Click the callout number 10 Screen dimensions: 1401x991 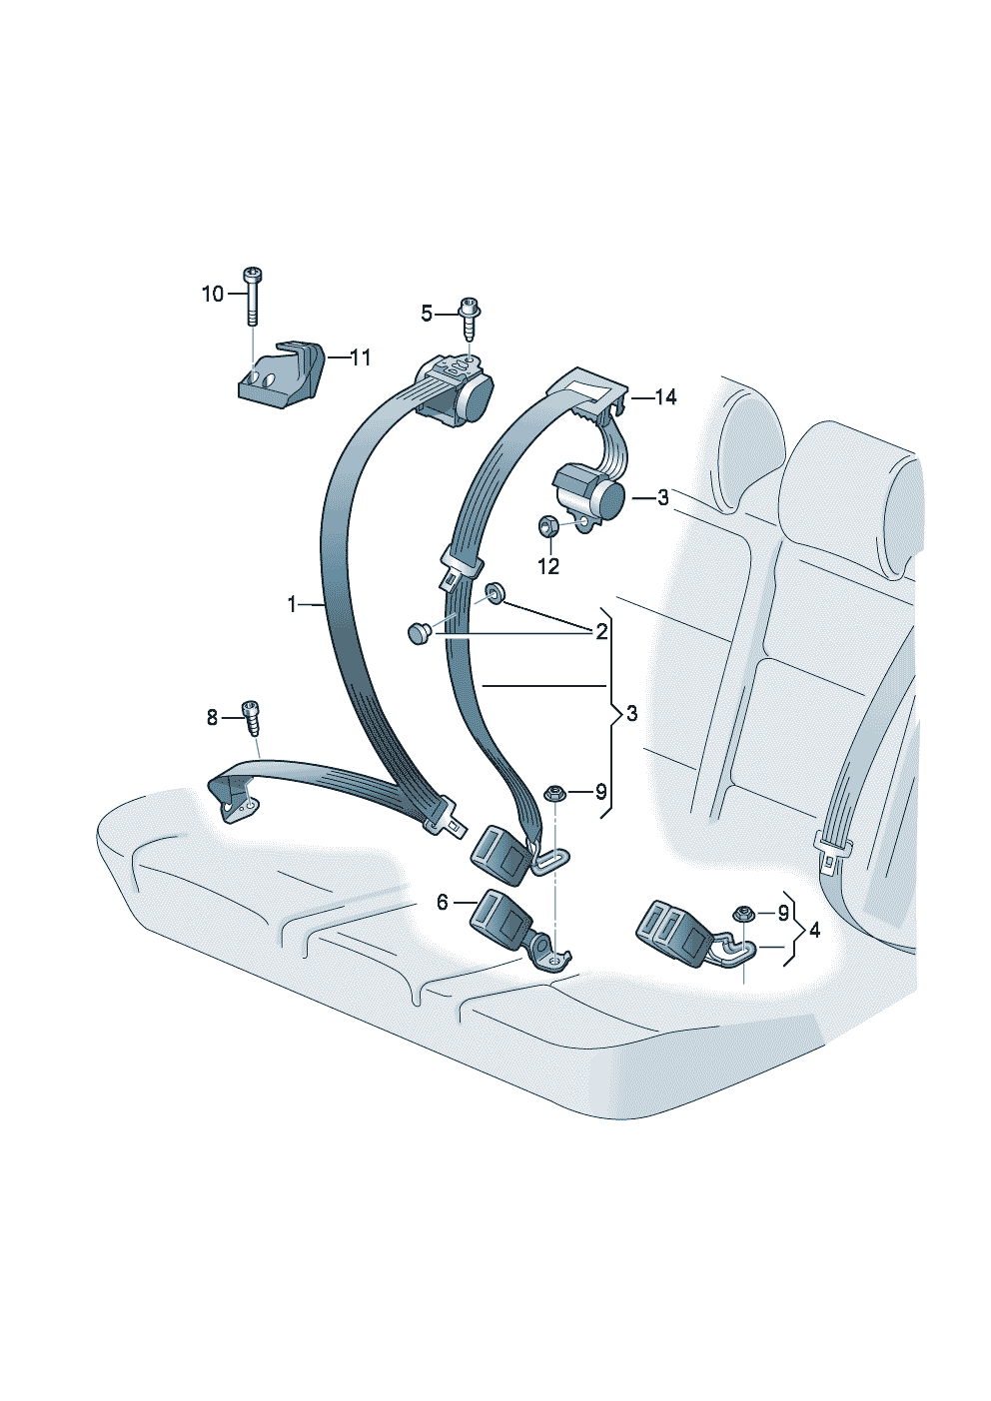pyautogui.click(x=213, y=294)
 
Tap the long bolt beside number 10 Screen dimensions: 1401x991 pyautogui.click(x=251, y=295)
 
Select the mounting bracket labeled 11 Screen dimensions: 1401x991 pyautogui.click(x=283, y=374)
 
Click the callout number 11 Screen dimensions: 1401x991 pyautogui.click(x=360, y=357)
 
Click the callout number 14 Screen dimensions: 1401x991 pyautogui.click(x=665, y=397)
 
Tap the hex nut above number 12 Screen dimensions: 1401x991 pyautogui.click(x=547, y=524)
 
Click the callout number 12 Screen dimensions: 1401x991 pyautogui.click(x=548, y=566)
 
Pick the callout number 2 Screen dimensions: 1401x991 pyautogui.click(x=601, y=631)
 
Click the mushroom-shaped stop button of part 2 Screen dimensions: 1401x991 pyautogui.click(x=419, y=632)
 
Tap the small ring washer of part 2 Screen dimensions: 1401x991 pyautogui.click(x=495, y=596)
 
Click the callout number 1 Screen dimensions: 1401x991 pyautogui.click(x=292, y=604)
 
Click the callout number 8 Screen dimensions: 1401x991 pyautogui.click(x=212, y=717)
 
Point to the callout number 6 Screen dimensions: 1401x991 pyautogui.click(x=443, y=903)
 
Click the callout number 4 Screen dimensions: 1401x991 pyautogui.click(x=815, y=930)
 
